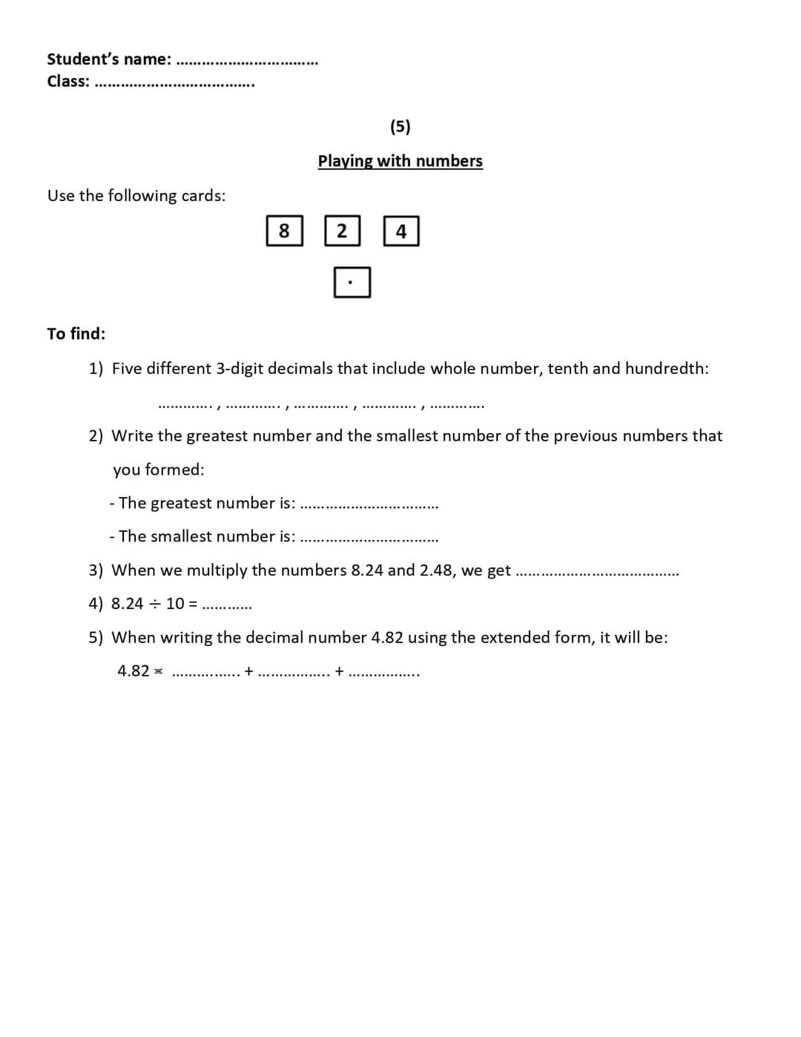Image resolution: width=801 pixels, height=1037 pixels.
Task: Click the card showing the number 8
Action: (x=284, y=231)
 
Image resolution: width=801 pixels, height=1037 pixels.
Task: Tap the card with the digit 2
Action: (x=342, y=231)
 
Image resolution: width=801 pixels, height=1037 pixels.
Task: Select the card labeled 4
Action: (x=401, y=231)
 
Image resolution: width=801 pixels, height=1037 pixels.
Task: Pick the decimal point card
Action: (x=352, y=282)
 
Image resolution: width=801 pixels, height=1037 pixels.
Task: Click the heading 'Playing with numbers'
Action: (x=400, y=161)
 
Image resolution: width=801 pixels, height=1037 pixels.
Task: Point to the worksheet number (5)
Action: (x=400, y=126)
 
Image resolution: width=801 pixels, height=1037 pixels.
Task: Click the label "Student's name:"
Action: (x=109, y=59)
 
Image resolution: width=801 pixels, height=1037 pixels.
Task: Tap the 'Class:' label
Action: (x=68, y=82)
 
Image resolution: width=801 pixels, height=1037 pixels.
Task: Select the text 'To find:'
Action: (x=76, y=334)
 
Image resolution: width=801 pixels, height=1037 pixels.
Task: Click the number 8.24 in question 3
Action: (x=367, y=570)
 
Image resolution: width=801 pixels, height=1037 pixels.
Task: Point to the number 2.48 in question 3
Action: (x=438, y=570)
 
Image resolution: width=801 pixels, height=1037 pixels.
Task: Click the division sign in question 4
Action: (x=154, y=604)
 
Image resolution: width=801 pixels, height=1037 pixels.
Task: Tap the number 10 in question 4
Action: (x=175, y=604)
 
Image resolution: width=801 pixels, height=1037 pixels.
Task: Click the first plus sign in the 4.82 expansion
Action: (x=248, y=671)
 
